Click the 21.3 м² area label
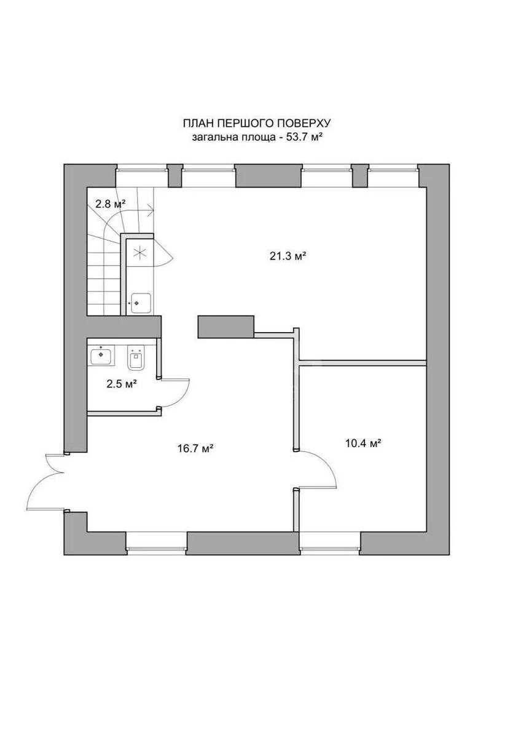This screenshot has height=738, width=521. pos(288,256)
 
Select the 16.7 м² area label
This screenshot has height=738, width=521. pos(195,449)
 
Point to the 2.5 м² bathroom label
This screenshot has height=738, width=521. pos(121,384)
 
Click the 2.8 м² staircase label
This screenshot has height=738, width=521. pos(110,203)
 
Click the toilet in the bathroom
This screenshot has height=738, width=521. pos(136,359)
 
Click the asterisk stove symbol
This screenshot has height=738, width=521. pos(139,252)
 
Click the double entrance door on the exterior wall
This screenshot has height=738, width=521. pos(46,483)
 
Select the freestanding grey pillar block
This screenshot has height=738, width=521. pos(225,326)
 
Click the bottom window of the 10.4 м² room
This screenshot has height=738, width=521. pos(329,541)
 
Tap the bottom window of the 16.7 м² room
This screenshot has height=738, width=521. pos(156,541)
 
